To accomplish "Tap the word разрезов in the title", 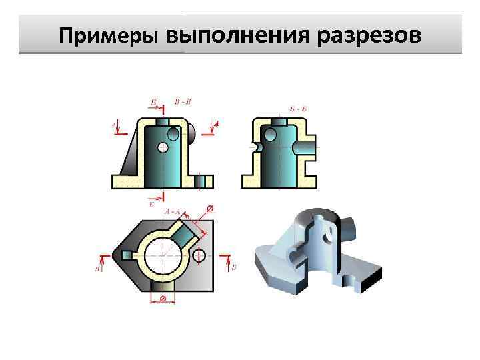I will [x=369, y=35].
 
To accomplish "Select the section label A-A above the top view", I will [x=173, y=211].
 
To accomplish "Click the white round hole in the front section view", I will [x=174, y=133].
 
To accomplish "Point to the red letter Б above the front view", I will [x=153, y=103].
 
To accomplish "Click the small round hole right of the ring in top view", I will [x=199, y=255].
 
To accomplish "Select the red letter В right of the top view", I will [x=233, y=267].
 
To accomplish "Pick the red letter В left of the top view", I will [x=97, y=269].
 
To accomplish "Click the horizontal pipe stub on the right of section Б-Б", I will [x=306, y=146].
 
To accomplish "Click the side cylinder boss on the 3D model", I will [x=348, y=230].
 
